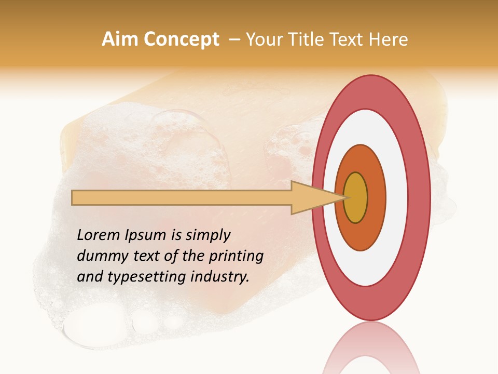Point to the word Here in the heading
tap(389, 39)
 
